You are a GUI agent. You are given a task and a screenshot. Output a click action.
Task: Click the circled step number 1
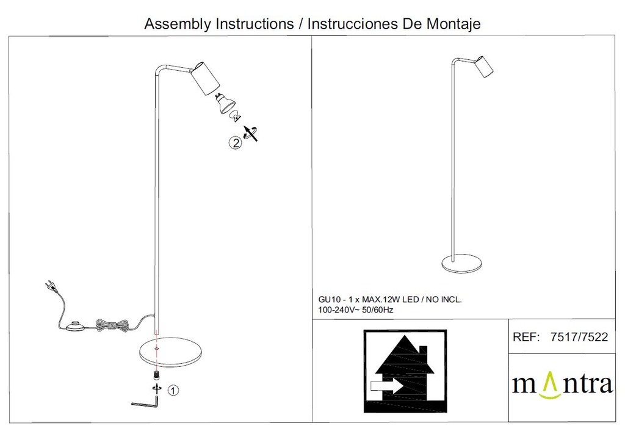click(173, 390)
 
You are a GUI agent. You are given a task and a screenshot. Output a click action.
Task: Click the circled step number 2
click(236, 142)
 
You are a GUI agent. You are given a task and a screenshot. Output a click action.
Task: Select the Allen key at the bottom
click(146, 402)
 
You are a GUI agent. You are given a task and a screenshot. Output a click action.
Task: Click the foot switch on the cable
click(75, 326)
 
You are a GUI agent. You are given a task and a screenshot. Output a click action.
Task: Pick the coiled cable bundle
click(112, 325)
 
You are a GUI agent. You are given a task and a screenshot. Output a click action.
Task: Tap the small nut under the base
click(157, 375)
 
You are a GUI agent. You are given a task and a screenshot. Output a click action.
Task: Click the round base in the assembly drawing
click(170, 352)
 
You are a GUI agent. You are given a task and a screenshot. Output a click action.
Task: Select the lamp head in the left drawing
click(205, 79)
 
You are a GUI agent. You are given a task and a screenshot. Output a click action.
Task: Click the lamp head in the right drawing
click(484, 67)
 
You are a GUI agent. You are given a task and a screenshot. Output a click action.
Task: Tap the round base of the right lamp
click(461, 264)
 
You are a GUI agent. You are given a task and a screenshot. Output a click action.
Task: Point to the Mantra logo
click(562, 385)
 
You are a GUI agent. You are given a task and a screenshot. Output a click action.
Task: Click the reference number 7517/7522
click(579, 337)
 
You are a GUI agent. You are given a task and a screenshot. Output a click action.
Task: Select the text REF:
click(526, 337)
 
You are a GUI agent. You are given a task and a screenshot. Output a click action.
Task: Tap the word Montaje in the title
click(453, 24)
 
